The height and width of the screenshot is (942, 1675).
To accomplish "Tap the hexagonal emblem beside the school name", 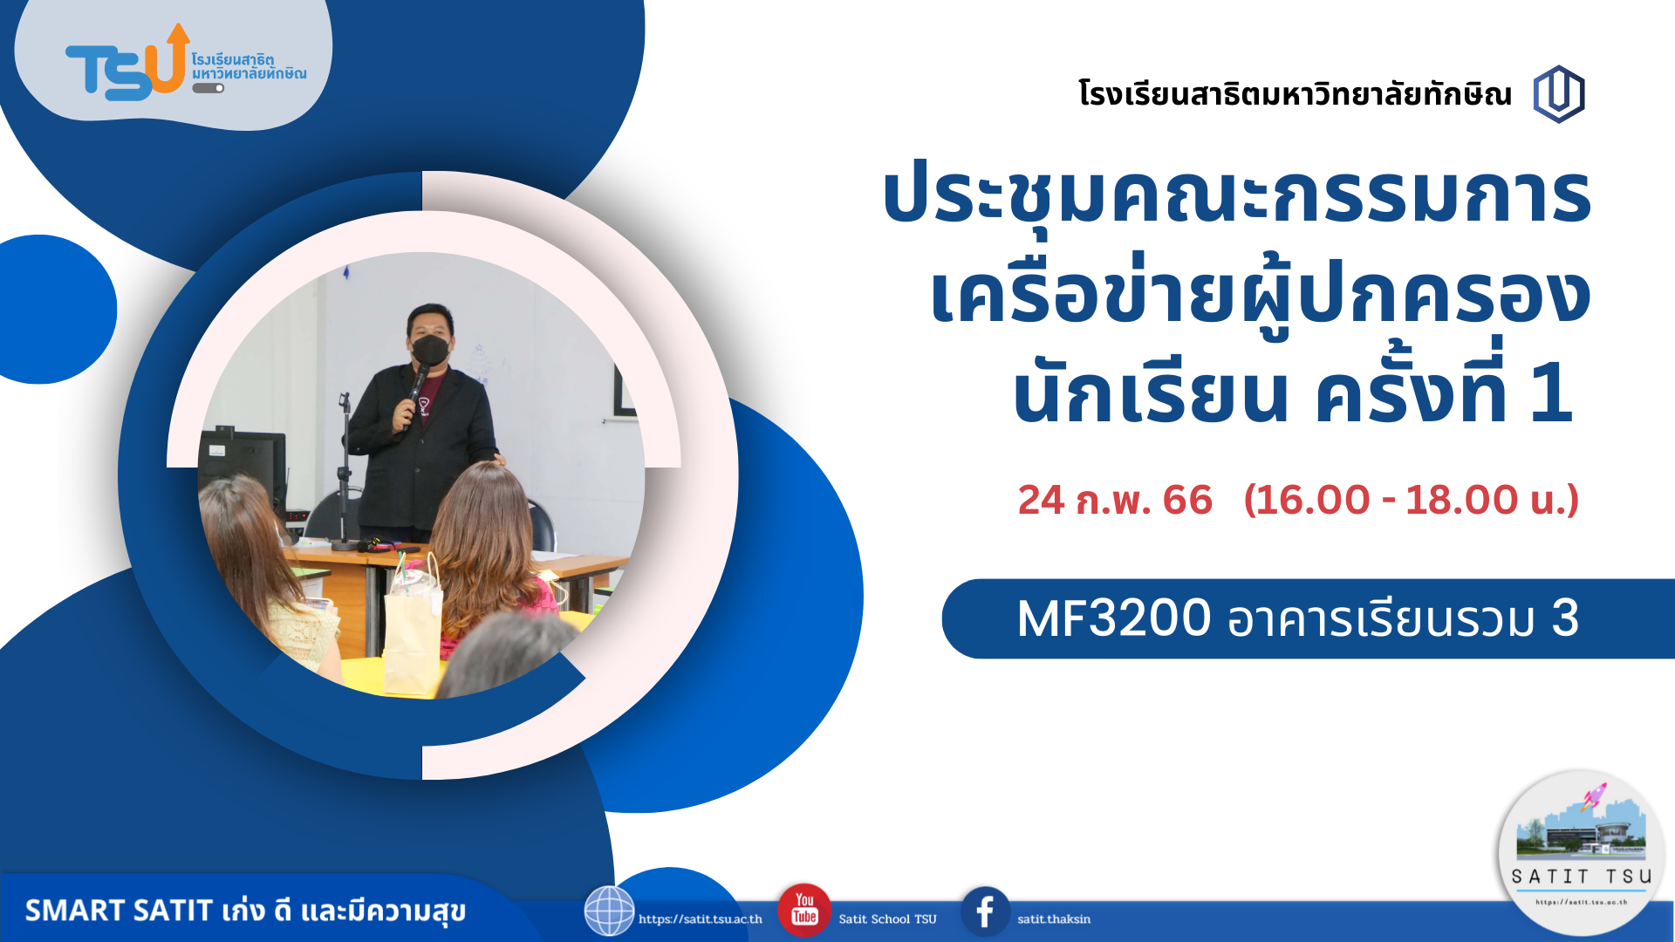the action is click(x=1559, y=94).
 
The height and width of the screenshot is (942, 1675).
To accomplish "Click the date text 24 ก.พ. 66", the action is click(x=1115, y=501).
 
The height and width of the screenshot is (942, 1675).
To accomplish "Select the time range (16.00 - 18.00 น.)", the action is click(x=1412, y=501).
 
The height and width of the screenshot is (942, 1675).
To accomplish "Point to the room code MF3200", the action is click(x=1114, y=618).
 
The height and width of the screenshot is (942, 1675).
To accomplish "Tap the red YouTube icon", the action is click(x=803, y=911).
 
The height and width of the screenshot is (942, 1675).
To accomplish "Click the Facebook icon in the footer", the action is click(x=986, y=912).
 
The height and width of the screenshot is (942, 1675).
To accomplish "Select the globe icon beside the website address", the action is click(x=609, y=911).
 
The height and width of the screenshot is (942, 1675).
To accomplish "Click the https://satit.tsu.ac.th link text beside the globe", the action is click(x=701, y=918).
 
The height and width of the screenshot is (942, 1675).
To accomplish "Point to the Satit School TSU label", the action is click(x=887, y=918).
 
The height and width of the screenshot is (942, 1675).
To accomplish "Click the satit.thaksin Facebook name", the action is click(x=1054, y=918).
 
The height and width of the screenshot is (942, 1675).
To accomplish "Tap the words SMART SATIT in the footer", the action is click(x=119, y=911).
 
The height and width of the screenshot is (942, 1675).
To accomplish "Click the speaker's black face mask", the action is click(x=430, y=351).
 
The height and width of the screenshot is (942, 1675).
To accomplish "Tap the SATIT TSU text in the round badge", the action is click(x=1582, y=877).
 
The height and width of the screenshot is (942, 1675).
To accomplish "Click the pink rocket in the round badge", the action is click(x=1594, y=796).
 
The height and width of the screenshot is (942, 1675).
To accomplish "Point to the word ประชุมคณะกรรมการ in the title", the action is click(x=1237, y=196).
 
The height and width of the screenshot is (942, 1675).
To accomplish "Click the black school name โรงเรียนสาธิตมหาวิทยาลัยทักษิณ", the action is click(x=1295, y=93).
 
